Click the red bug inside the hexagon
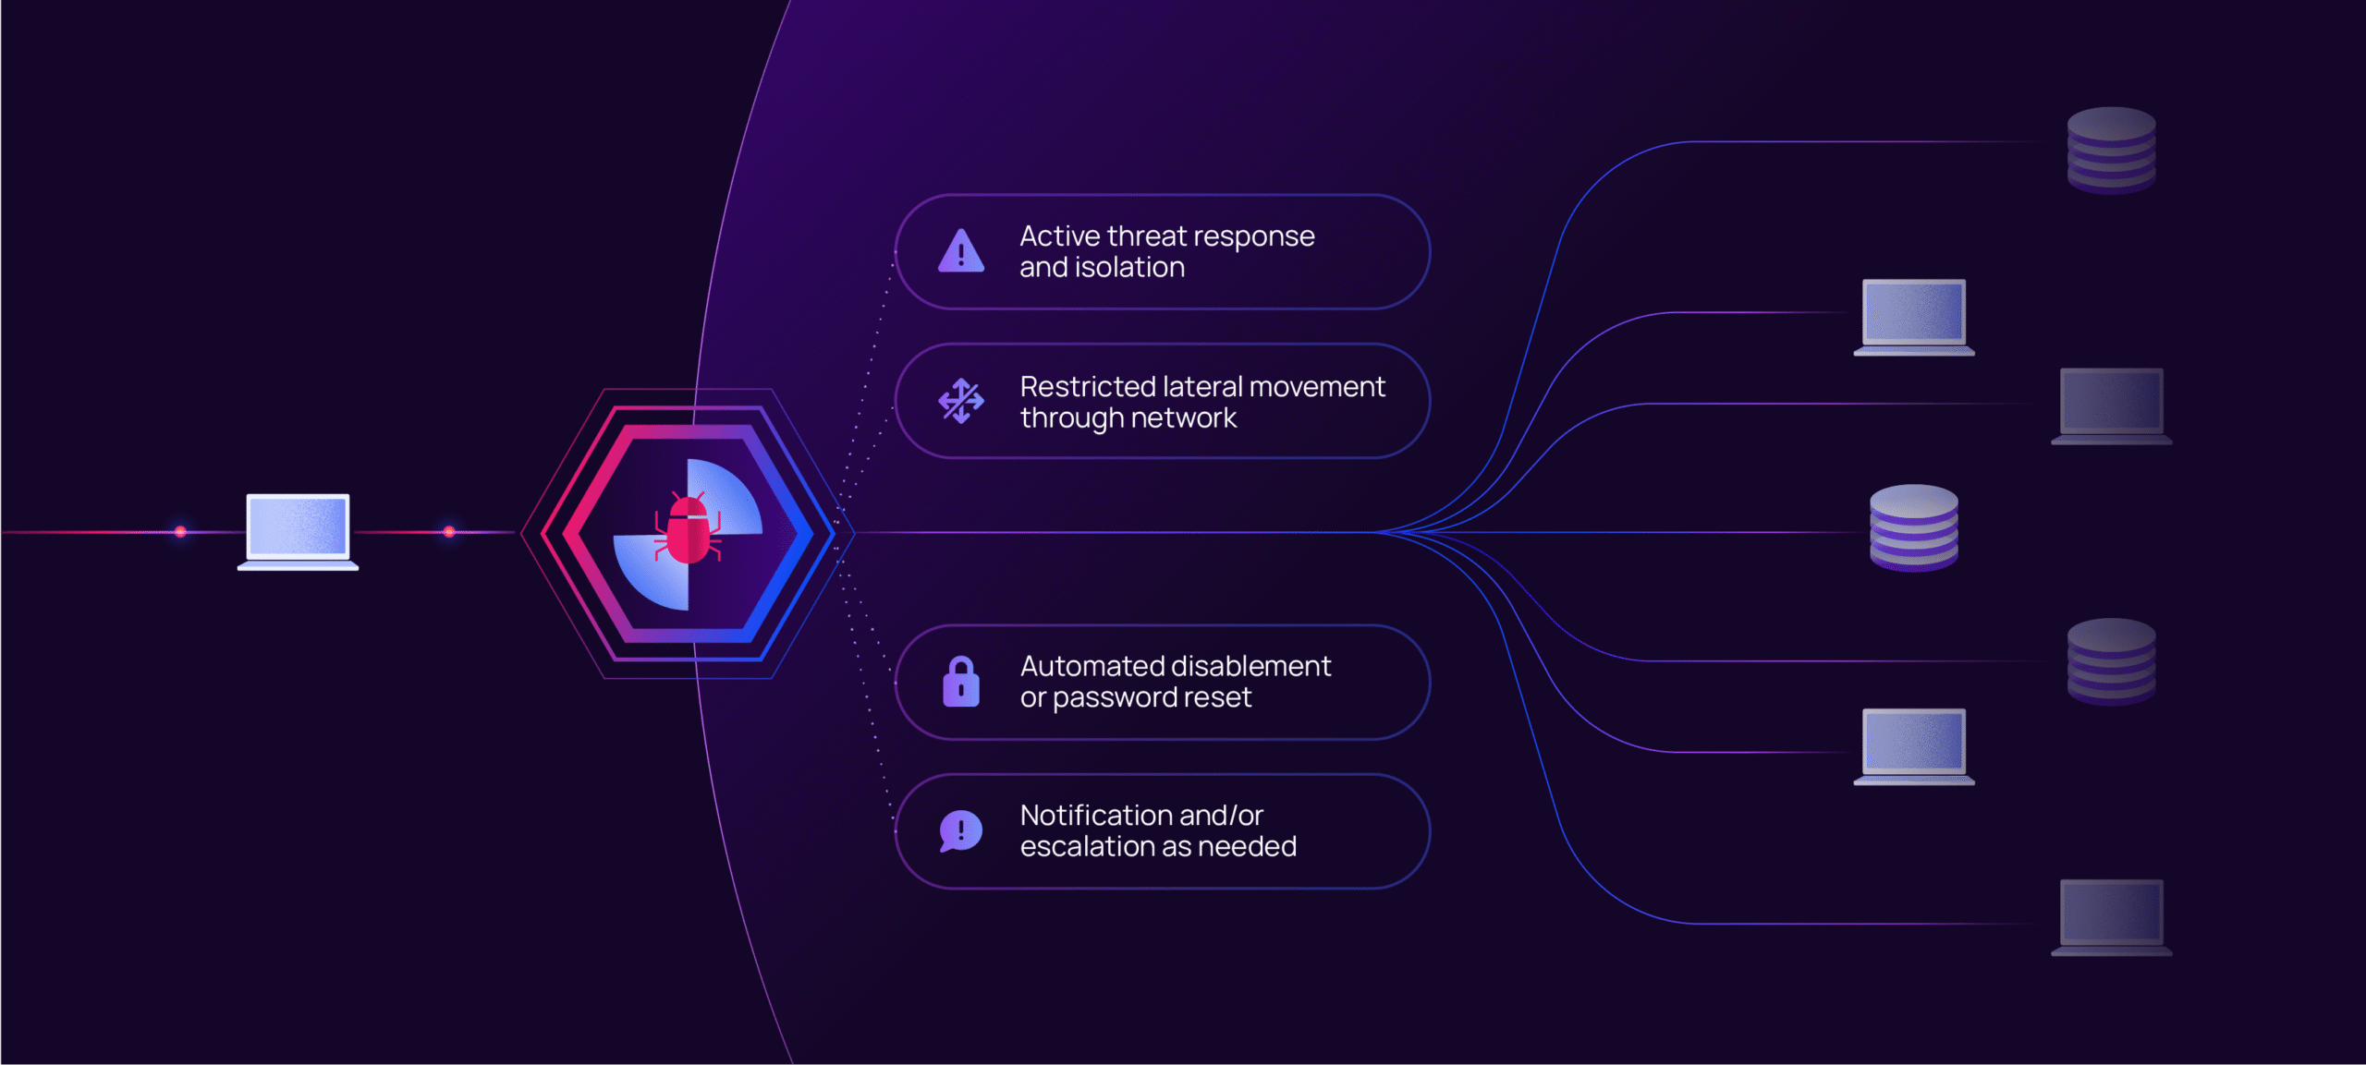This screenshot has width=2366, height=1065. pos(688,529)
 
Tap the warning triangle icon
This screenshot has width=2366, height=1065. pos(961,250)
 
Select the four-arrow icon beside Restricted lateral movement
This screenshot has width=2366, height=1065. pos(961,401)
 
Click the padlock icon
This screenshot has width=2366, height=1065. pos(961,682)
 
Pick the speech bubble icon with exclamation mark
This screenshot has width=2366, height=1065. pos(961,831)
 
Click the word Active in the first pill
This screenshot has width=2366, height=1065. pos(1059,236)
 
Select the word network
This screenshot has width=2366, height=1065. pos(1183,418)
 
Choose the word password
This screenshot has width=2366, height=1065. pos(1106,698)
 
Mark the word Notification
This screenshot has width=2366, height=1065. pos(1096,816)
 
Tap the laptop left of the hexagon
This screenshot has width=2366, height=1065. pos(298,532)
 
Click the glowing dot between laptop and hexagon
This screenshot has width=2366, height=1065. pos(449,531)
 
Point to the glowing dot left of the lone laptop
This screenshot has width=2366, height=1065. pos(180,531)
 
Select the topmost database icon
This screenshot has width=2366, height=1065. pos(2111,151)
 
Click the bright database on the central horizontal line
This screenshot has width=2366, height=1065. pos(1913,528)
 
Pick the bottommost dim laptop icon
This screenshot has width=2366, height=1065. pos(2111,917)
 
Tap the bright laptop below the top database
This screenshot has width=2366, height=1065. pos(1913,317)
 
